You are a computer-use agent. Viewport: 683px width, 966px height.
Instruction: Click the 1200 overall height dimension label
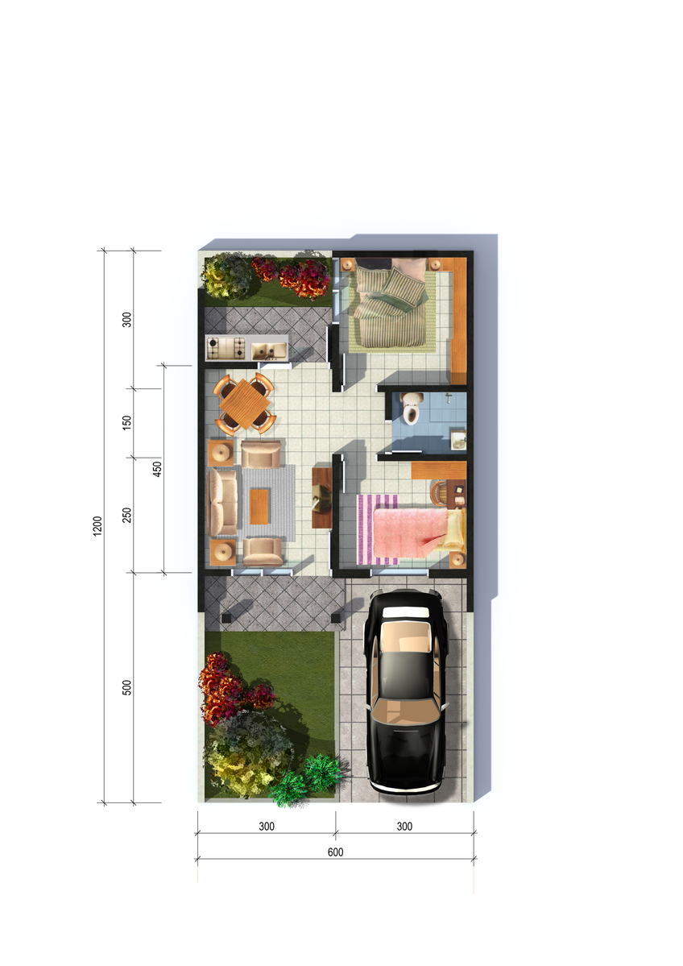point(97,526)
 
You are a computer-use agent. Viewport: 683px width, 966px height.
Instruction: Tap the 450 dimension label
point(157,469)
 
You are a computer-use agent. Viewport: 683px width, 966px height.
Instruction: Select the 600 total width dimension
point(336,852)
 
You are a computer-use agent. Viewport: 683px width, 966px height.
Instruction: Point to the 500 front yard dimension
point(127,687)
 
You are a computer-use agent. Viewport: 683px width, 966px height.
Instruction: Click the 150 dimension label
point(127,423)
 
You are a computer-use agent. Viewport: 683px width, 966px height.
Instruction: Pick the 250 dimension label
point(127,515)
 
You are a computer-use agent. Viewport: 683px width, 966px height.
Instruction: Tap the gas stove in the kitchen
point(225,348)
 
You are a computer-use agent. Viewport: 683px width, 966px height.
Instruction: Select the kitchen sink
point(268,350)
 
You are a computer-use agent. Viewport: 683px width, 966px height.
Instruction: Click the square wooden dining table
point(245,404)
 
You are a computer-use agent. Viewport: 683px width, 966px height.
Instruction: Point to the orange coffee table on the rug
point(259,506)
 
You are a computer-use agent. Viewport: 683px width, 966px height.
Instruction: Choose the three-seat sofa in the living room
point(222,502)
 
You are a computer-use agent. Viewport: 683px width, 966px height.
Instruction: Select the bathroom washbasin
point(458,440)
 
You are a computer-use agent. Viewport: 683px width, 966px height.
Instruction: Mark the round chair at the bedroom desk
point(441,493)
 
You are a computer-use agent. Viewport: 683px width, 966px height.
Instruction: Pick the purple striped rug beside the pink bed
point(378,529)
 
